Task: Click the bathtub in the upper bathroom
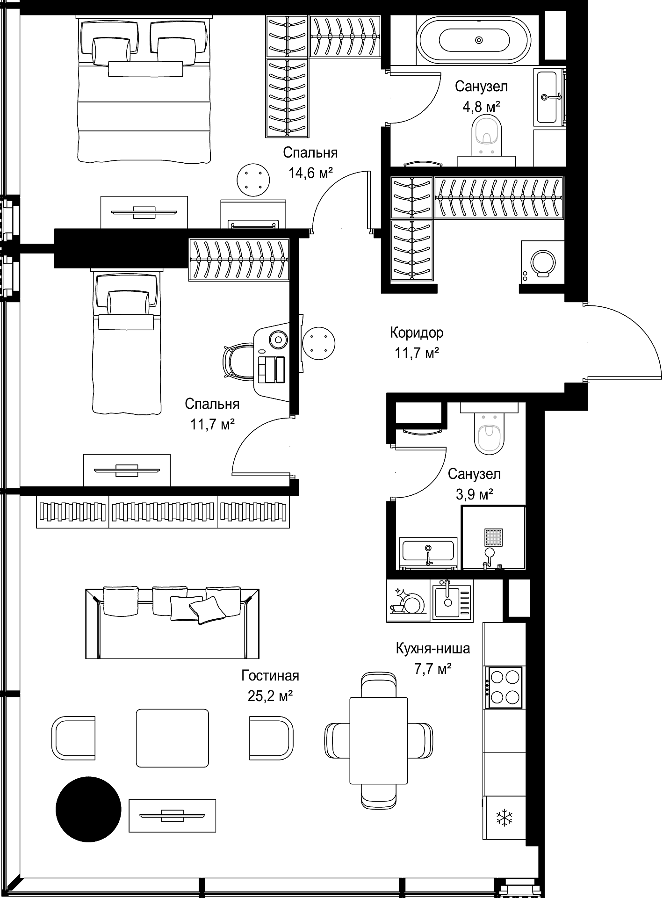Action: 474,40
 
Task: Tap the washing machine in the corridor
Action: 542,261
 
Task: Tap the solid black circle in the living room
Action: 88,809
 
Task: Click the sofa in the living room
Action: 172,623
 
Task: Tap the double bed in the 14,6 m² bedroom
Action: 144,90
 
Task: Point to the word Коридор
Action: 417,333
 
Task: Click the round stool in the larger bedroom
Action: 253,180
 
